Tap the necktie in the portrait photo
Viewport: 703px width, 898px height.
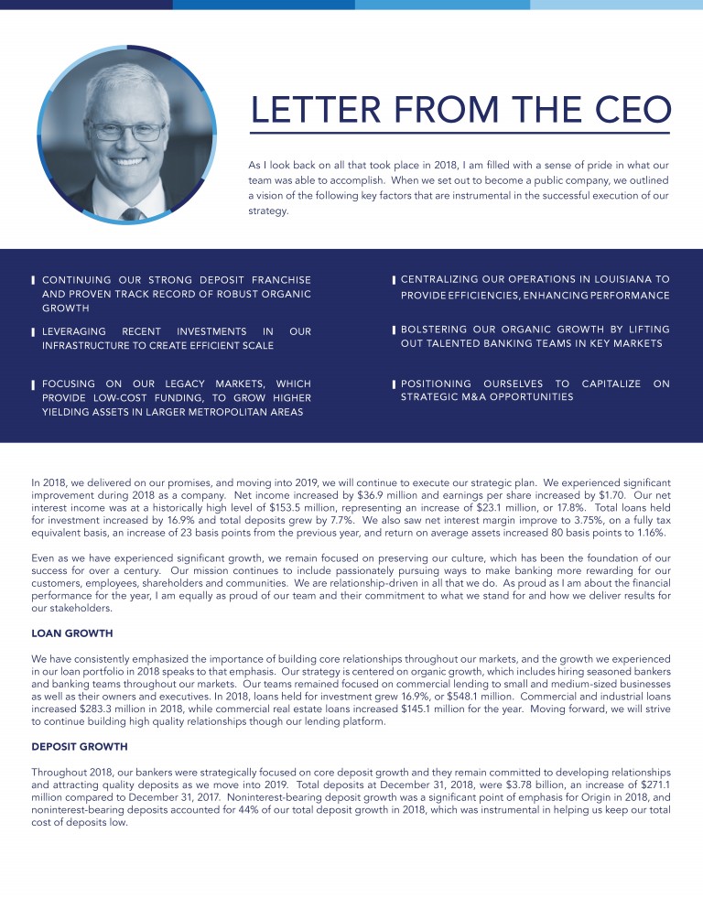133,213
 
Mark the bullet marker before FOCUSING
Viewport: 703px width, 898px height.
34,384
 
